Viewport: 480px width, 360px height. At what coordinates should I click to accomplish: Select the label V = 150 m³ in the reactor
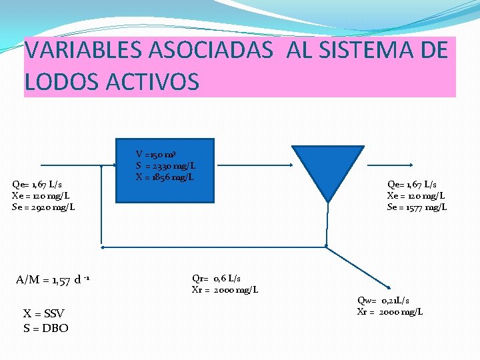pyautogui.click(x=156, y=154)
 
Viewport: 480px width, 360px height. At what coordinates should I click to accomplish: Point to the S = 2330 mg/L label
pyautogui.click(x=165, y=165)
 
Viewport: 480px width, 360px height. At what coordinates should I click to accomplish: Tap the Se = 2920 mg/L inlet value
pyautogui.click(x=43, y=207)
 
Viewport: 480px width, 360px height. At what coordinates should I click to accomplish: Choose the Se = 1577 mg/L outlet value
pyautogui.click(x=417, y=207)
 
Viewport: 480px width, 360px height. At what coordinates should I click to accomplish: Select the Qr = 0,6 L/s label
pyautogui.click(x=217, y=279)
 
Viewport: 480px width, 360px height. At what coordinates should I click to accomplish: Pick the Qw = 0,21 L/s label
pyautogui.click(x=384, y=301)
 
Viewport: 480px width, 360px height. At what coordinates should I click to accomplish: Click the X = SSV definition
pyautogui.click(x=44, y=314)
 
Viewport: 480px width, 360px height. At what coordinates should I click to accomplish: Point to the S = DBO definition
pyautogui.click(x=45, y=328)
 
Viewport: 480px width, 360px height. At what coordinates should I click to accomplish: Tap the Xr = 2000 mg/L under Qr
pyautogui.click(x=225, y=290)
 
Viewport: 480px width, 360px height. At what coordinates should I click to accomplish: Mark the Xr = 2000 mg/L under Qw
pyautogui.click(x=390, y=312)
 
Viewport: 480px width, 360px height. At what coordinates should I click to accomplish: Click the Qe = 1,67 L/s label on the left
pyautogui.click(x=37, y=184)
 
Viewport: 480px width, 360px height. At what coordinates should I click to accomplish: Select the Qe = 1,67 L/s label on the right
pyautogui.click(x=413, y=184)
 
